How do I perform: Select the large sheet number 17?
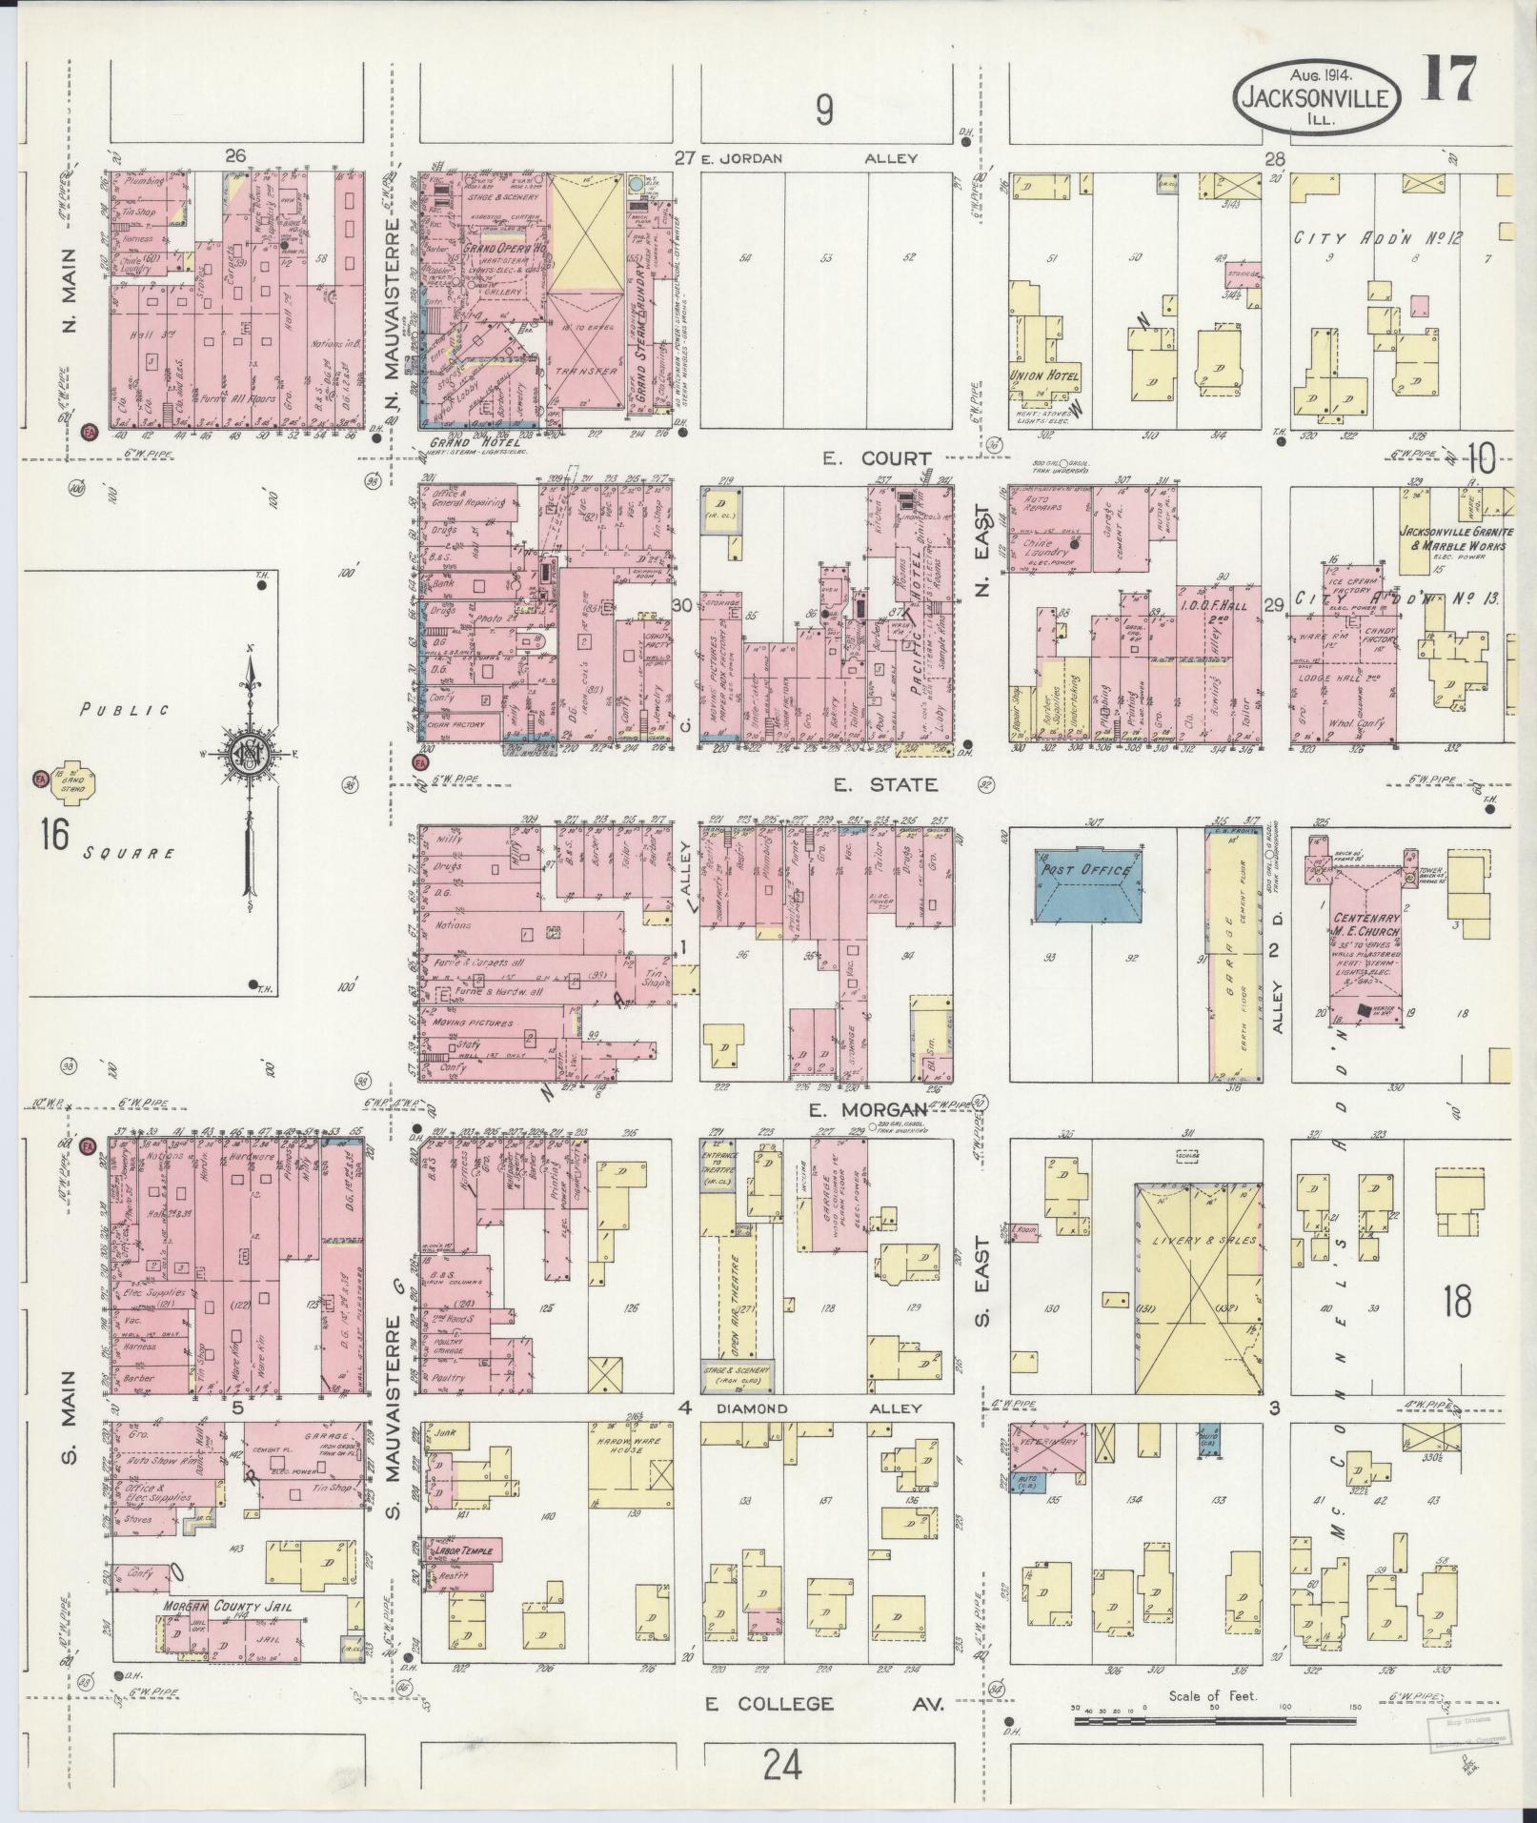[x=1451, y=78]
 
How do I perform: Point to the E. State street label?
[x=885, y=785]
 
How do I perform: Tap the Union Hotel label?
[x=1045, y=375]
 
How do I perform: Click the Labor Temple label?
[x=463, y=1551]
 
